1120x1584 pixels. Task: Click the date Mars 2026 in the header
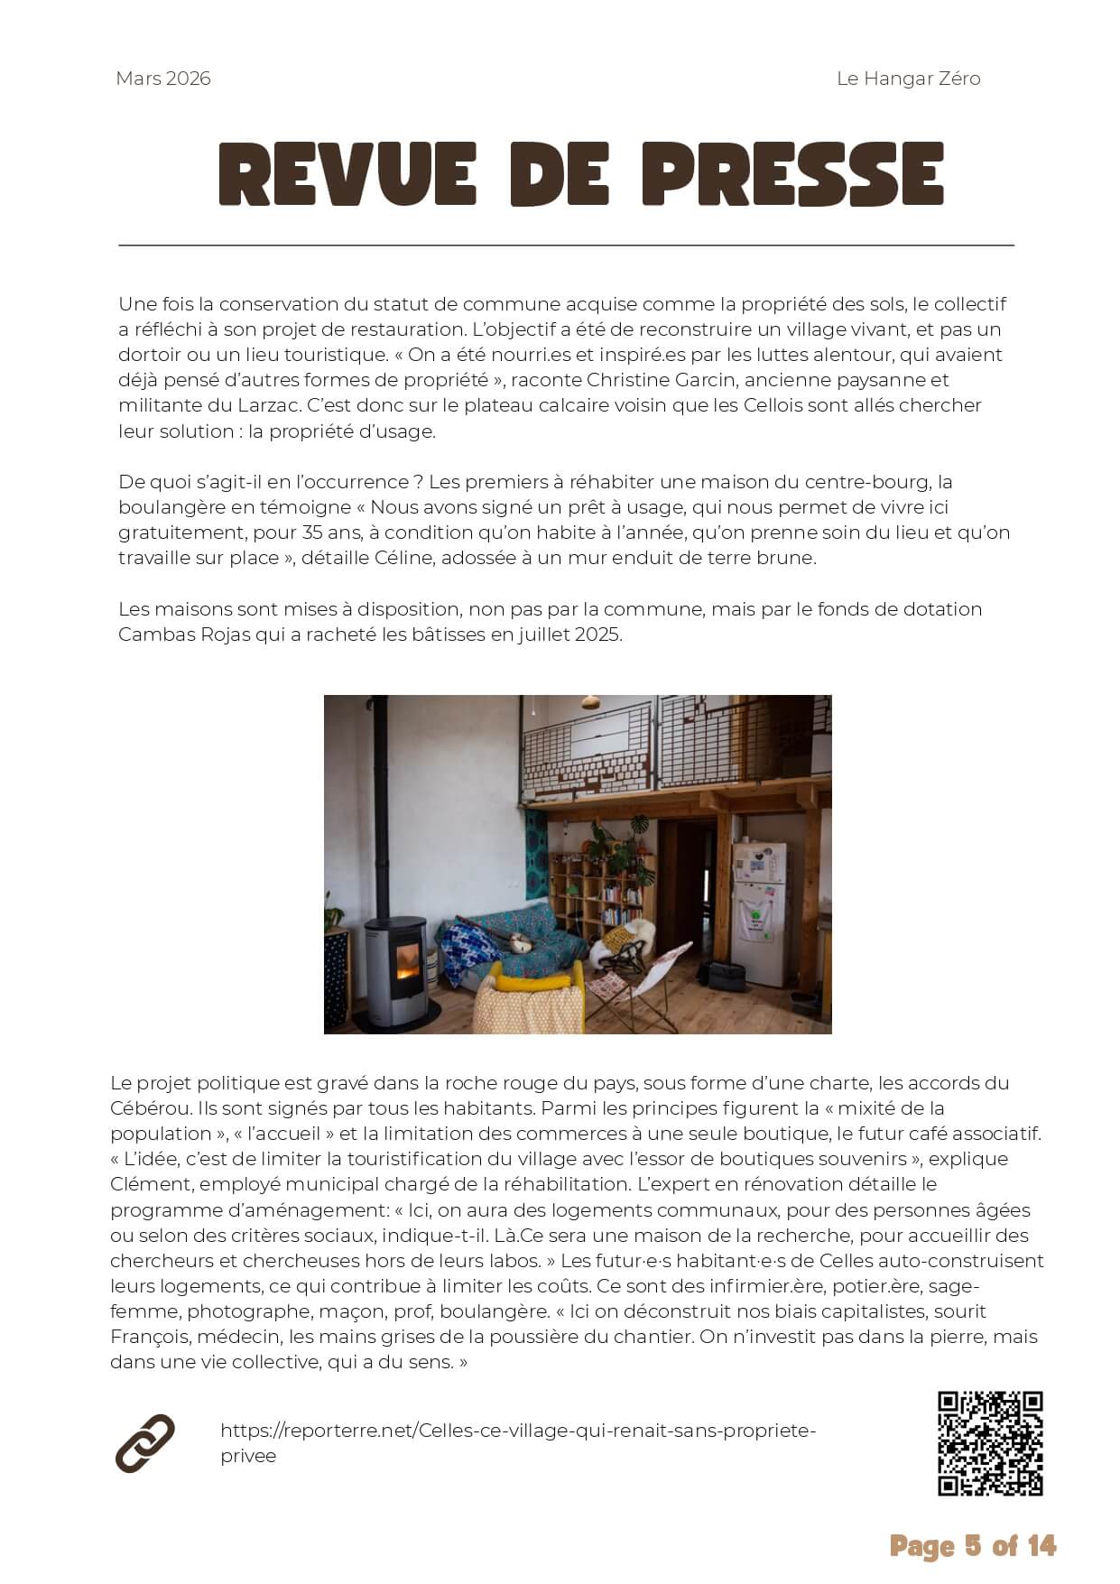pyautogui.click(x=163, y=79)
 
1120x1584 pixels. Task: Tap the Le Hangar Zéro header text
pyautogui.click(x=908, y=79)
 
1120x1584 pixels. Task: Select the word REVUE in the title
pyautogui.click(x=347, y=174)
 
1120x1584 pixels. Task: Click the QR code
pyautogui.click(x=990, y=1443)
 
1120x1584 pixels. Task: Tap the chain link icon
pyautogui.click(x=144, y=1443)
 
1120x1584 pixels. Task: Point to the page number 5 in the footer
pyautogui.click(x=973, y=1546)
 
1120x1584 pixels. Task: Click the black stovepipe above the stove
pyautogui.click(x=381, y=803)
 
